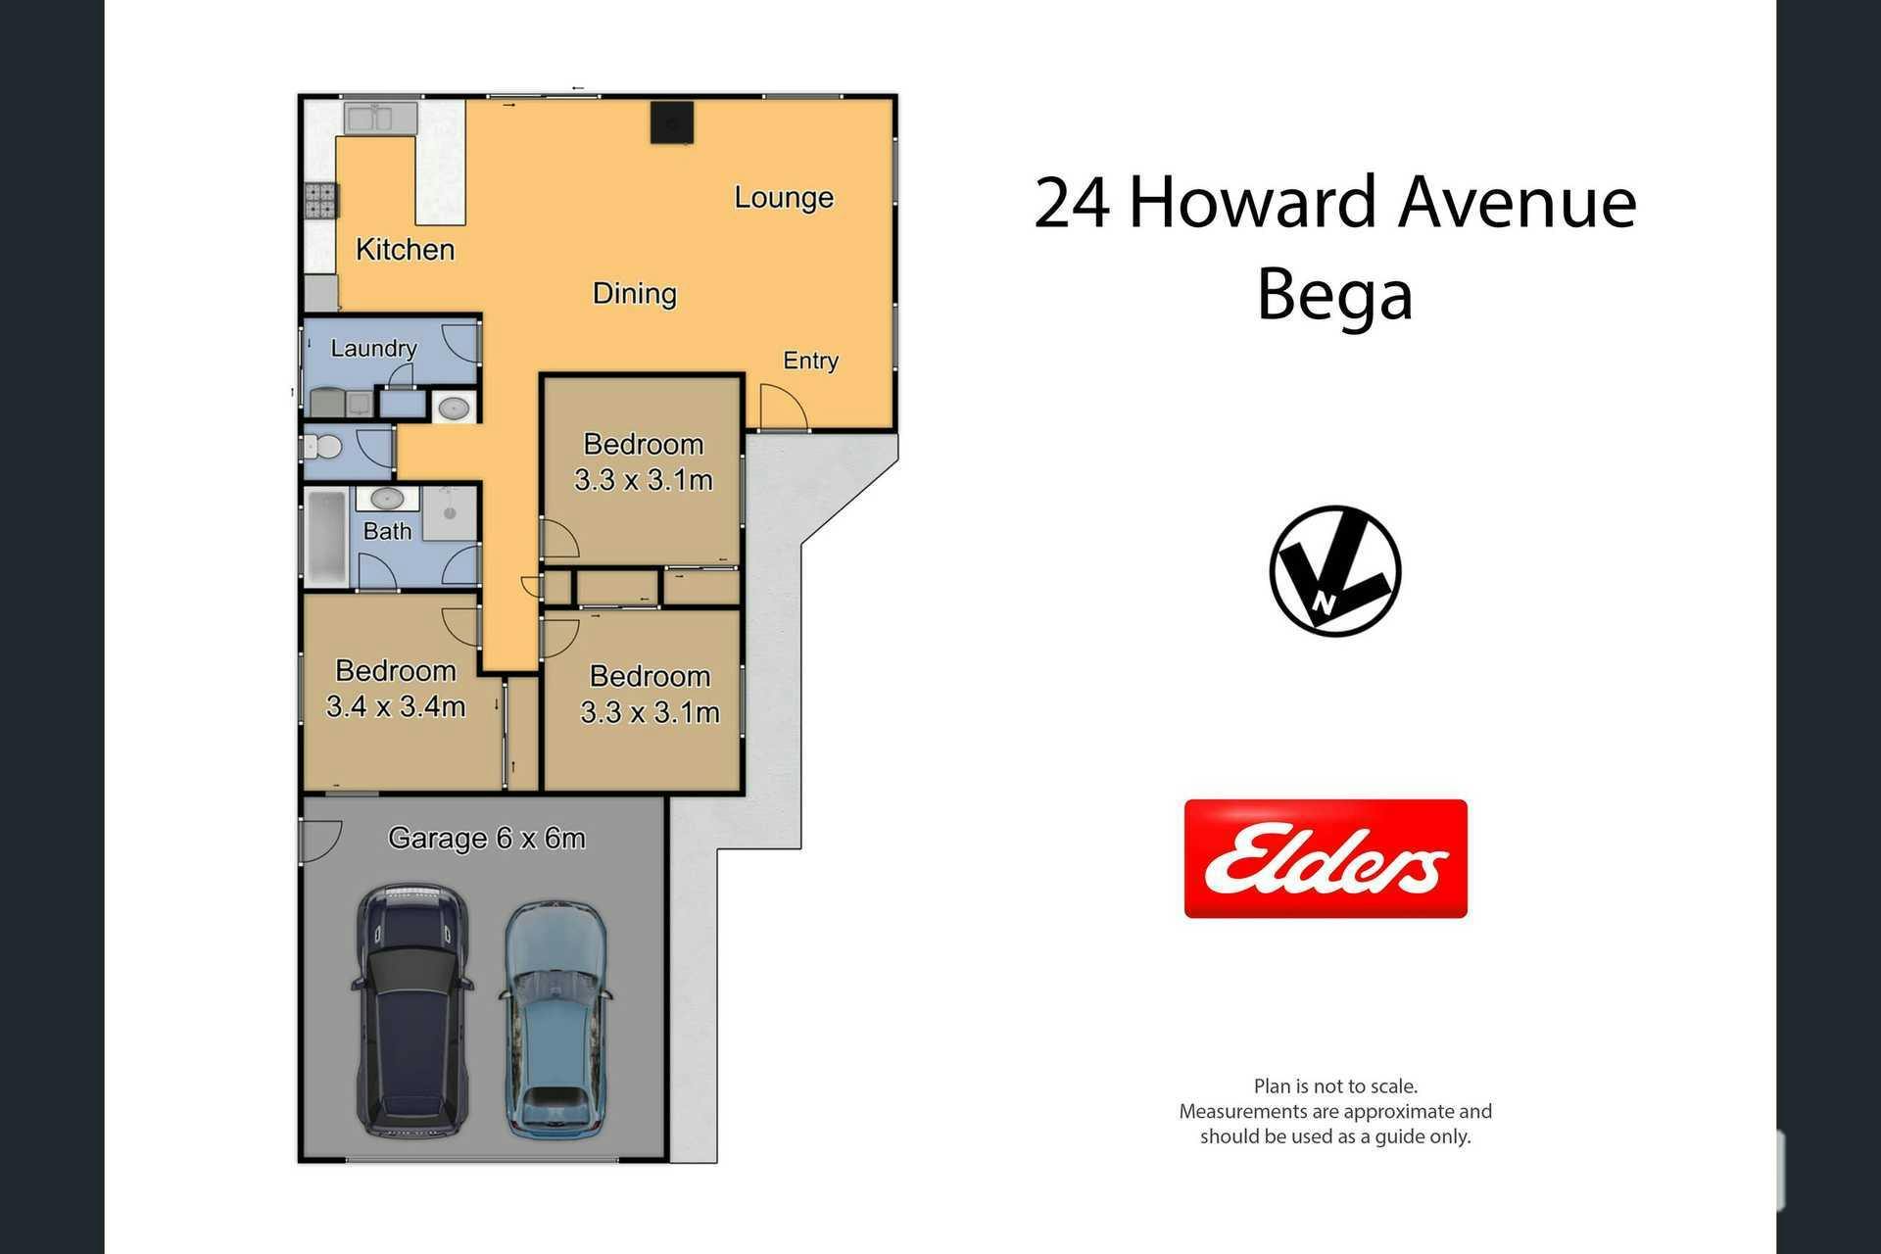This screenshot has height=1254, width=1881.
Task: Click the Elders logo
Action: coord(1326,858)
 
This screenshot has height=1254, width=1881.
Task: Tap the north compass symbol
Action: coord(1335,571)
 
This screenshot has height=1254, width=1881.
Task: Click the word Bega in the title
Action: coord(1334,295)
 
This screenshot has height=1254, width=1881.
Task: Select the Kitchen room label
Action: coord(405,250)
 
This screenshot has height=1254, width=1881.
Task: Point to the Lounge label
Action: coord(784,198)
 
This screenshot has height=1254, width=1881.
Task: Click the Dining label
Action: coord(635,294)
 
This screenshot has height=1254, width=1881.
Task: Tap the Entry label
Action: coord(810,361)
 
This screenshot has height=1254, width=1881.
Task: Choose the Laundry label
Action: coord(373,348)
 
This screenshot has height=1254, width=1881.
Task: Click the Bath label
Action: coord(387,531)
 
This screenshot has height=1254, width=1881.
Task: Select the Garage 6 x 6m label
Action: coord(487,839)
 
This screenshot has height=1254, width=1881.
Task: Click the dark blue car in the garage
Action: coord(412,1010)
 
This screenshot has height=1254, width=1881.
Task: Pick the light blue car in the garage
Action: coord(555,1019)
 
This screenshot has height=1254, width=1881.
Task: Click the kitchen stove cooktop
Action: coord(320,200)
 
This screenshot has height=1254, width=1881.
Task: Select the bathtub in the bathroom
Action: coord(325,537)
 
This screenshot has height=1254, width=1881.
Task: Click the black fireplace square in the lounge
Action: coord(672,122)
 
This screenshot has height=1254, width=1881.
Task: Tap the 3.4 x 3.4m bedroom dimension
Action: coord(396,706)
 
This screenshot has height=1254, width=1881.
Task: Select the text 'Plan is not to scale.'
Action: coord(1335,1085)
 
